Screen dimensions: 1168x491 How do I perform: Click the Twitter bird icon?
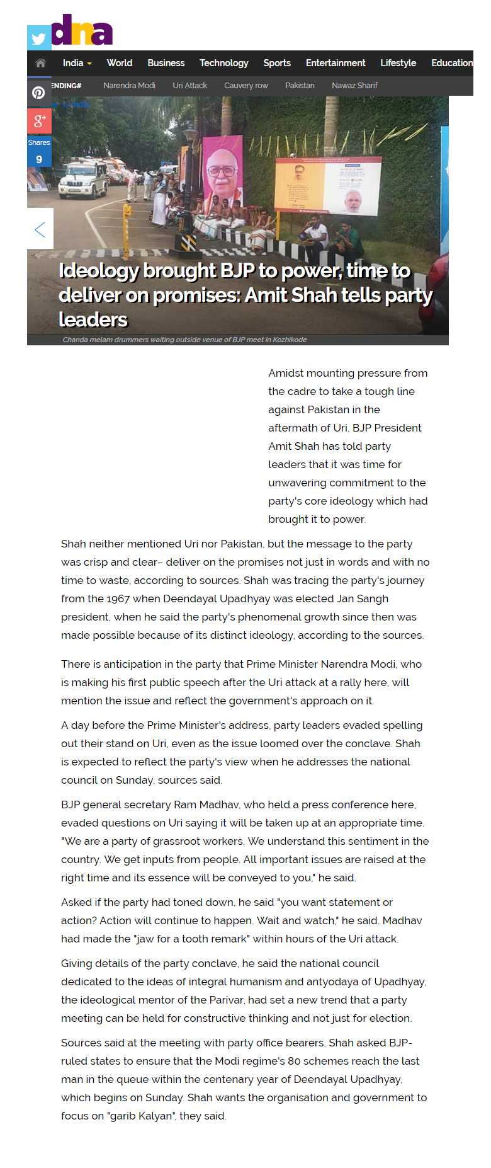39,38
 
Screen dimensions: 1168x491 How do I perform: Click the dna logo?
82,31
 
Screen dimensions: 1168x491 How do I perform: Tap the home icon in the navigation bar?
40,63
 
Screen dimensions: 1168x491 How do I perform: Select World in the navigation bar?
120,63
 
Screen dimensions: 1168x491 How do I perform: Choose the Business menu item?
166,63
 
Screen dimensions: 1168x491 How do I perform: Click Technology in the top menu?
224,63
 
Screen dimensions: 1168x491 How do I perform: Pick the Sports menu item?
277,63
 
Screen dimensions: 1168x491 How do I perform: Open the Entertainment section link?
336,63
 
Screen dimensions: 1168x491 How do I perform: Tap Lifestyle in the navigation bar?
398,63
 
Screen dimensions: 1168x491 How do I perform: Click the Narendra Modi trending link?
129,86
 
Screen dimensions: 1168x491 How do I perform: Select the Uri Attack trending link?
189,86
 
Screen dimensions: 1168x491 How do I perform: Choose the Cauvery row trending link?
246,86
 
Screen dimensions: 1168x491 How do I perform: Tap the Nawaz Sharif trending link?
354,86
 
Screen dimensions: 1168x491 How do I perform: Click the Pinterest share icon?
39,93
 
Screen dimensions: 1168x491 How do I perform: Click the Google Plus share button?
39,120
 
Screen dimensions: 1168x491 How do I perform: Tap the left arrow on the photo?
40,229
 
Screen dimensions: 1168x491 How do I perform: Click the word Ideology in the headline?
99,270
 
